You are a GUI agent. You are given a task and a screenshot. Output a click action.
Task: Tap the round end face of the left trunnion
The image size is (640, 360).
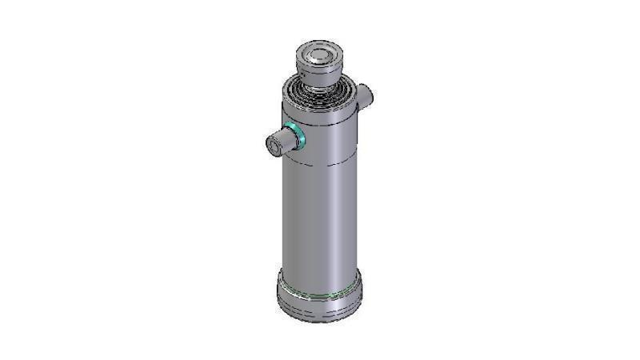pos(274,145)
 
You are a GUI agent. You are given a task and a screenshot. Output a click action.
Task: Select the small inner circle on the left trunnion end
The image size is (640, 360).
pos(274,145)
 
